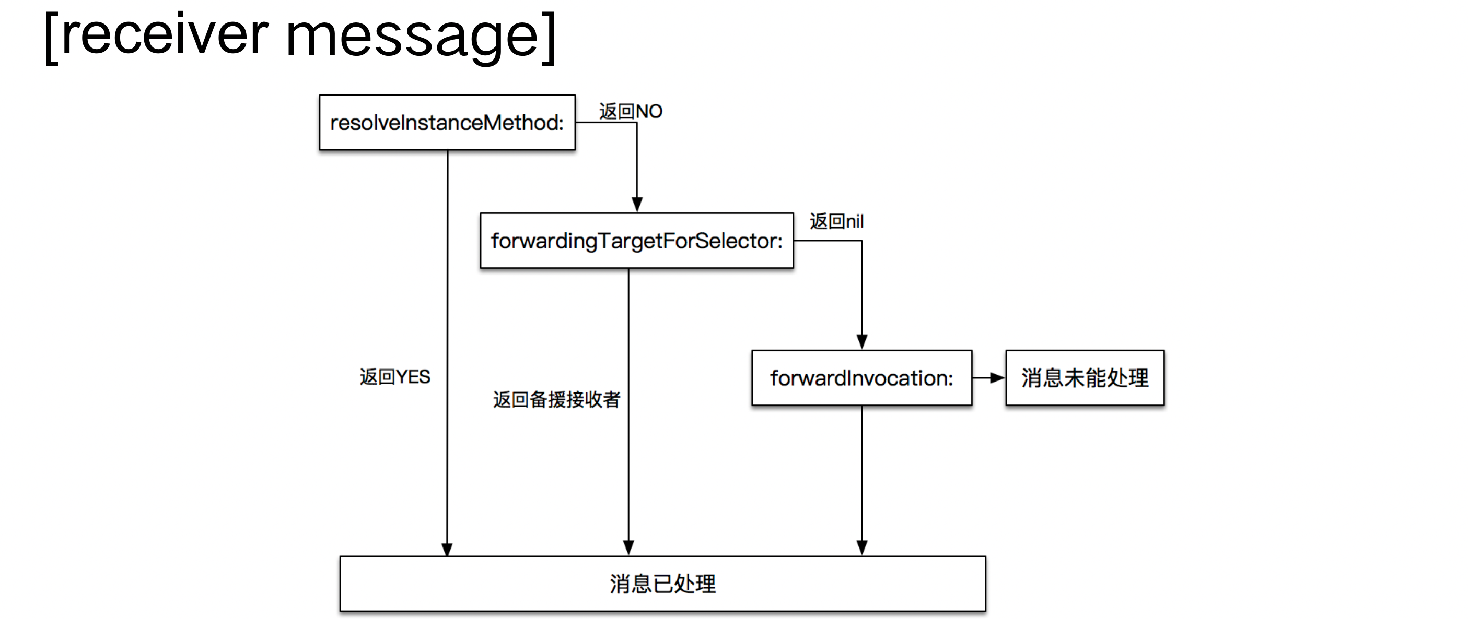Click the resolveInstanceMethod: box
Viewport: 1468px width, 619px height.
pyautogui.click(x=447, y=123)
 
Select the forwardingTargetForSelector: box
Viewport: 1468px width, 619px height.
pyautogui.click(x=636, y=240)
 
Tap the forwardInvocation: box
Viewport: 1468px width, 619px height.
pyautogui.click(x=861, y=377)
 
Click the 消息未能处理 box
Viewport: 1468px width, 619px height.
pyautogui.click(x=1085, y=377)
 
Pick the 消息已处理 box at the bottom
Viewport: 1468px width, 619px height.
pyautogui.click(x=662, y=584)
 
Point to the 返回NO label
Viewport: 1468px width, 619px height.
pyautogui.click(x=630, y=111)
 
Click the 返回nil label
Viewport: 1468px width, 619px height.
pyautogui.click(x=836, y=221)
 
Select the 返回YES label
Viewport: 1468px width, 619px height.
pyautogui.click(x=394, y=376)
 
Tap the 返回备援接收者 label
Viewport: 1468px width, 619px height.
pyautogui.click(x=556, y=399)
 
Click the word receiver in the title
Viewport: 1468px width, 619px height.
pyautogui.click(x=165, y=35)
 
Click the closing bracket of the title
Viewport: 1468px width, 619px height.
pyautogui.click(x=549, y=38)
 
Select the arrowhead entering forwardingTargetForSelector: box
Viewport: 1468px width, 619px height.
pyautogui.click(x=637, y=205)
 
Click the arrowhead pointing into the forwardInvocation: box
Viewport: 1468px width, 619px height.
pyautogui.click(x=861, y=341)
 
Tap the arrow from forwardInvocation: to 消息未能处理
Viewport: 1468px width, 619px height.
pyautogui.click(x=989, y=377)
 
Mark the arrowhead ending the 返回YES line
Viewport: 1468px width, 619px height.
pyautogui.click(x=447, y=549)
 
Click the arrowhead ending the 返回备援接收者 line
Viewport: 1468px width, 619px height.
pyautogui.click(x=628, y=547)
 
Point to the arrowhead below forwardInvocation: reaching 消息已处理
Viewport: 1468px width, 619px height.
pyautogui.click(x=861, y=547)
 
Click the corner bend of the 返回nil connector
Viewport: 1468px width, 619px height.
pyautogui.click(x=861, y=241)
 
